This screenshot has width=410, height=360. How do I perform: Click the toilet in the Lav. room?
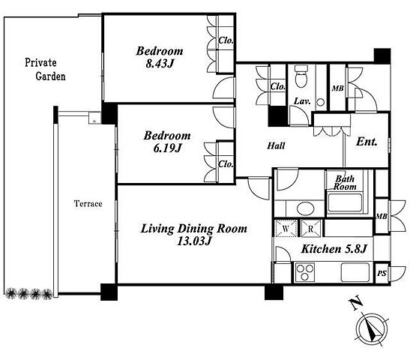coord(301,76)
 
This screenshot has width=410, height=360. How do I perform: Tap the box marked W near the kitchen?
coord(286,229)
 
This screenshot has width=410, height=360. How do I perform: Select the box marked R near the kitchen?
coord(310,229)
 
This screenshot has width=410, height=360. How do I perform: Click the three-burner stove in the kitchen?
coord(304,272)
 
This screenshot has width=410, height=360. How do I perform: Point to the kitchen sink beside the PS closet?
coord(355,272)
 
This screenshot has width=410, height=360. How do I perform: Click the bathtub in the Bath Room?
coord(344,202)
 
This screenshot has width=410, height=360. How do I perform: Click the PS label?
coord(382,274)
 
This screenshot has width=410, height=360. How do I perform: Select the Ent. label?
coord(367,142)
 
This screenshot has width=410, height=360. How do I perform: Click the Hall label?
coord(276,145)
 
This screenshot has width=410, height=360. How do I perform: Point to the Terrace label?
coord(88,203)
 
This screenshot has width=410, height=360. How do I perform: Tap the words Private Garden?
coord(45,69)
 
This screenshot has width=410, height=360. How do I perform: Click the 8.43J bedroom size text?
coord(160,64)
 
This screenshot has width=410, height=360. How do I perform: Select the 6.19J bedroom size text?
coord(167,148)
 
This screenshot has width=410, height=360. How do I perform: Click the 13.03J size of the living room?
coord(194,241)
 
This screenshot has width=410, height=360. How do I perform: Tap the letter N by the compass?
coord(355,304)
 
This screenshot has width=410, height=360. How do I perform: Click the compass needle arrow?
coord(372,328)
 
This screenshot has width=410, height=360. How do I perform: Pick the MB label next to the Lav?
coord(337,88)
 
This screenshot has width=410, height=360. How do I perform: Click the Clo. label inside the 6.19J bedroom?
coord(226,164)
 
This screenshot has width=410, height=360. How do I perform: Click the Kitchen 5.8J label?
coord(334,249)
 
